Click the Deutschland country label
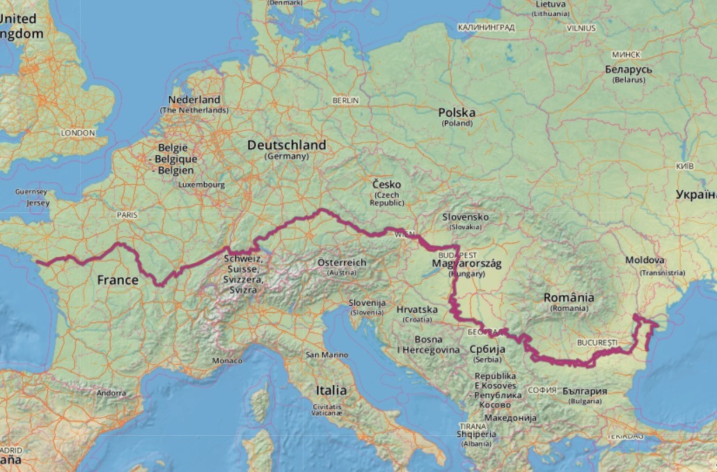[286, 145]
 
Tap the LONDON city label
[77, 133]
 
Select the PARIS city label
[127, 215]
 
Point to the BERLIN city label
[345, 101]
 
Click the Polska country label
[457, 113]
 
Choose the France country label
[118, 280]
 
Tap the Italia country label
[331, 390]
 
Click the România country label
[569, 298]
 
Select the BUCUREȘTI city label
[597, 343]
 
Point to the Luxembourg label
[202, 185]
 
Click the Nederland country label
[194, 100]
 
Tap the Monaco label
[228, 361]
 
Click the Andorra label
[112, 393]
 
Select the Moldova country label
[645, 260]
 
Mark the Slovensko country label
[466, 217]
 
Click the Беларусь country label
[629, 70]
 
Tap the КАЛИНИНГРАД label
[486, 28]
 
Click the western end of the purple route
[38, 263]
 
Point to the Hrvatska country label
[416, 309]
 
